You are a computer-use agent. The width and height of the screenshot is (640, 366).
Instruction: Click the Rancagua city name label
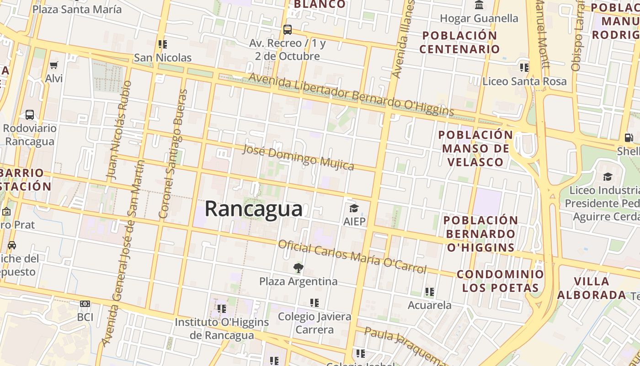click(x=253, y=209)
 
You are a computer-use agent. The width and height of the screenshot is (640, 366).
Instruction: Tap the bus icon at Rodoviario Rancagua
click(x=30, y=115)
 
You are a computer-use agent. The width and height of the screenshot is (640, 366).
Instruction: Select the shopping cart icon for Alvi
click(x=54, y=65)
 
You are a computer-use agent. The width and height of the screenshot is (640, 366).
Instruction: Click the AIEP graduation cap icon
click(x=354, y=209)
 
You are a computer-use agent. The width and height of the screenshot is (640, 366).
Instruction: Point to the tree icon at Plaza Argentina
click(x=299, y=268)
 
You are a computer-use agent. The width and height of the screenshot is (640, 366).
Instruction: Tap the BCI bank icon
click(x=85, y=304)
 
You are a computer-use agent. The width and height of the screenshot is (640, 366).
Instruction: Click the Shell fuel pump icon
click(x=629, y=137)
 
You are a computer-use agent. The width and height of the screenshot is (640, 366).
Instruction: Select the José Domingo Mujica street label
click(x=298, y=157)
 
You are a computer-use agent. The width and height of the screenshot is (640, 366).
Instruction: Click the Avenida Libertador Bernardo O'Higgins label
click(x=351, y=95)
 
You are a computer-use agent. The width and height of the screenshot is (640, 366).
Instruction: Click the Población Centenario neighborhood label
click(x=459, y=42)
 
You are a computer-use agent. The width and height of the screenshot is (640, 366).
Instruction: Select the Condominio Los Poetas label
click(x=500, y=281)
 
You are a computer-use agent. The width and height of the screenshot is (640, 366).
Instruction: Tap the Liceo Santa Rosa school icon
click(x=524, y=68)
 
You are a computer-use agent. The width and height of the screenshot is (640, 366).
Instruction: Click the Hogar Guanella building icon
click(x=479, y=5)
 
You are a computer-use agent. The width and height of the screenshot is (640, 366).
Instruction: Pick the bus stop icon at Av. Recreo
click(x=287, y=30)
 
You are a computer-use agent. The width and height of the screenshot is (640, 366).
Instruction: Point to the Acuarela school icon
click(x=429, y=291)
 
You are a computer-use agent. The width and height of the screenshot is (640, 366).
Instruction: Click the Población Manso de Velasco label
click(x=475, y=148)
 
